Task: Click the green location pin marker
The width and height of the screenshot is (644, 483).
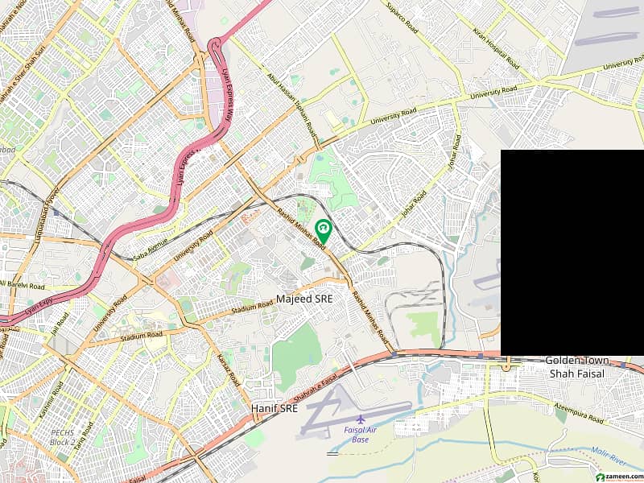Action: tap(324, 230)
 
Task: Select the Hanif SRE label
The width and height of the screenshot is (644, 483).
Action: tap(275, 409)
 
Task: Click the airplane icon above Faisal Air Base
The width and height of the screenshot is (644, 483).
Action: tap(359, 419)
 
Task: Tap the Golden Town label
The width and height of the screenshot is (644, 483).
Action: tap(577, 361)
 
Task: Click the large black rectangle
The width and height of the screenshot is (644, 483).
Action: tap(572, 252)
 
